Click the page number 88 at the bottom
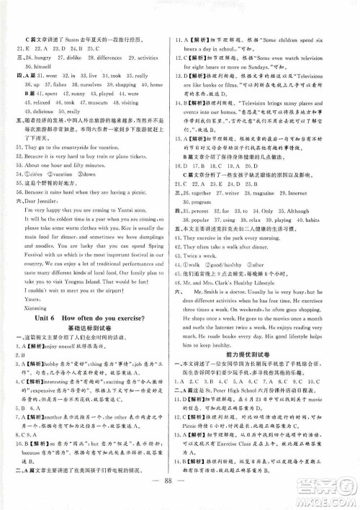point(180,481)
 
